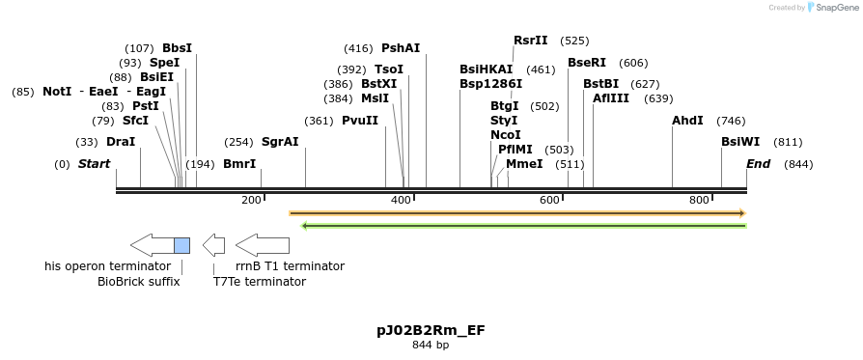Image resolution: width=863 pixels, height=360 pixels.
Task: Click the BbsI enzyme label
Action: click(x=177, y=48)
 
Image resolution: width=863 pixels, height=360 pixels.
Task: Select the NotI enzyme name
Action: click(x=57, y=92)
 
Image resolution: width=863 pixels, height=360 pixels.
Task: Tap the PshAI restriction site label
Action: click(x=401, y=48)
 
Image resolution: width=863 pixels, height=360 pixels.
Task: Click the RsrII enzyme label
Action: click(x=530, y=41)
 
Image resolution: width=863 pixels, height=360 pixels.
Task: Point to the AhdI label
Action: click(x=687, y=121)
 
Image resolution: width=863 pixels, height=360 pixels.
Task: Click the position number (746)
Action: click(x=731, y=121)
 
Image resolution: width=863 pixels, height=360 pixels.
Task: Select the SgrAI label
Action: click(x=280, y=142)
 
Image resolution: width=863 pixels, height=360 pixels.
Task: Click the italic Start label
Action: click(x=94, y=164)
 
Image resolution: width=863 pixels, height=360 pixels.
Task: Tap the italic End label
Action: click(x=758, y=164)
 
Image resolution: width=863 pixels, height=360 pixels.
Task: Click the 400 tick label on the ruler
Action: click(x=401, y=200)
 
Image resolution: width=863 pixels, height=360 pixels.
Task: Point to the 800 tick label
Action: click(x=699, y=200)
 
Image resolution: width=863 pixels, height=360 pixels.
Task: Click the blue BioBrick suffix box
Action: click(x=181, y=245)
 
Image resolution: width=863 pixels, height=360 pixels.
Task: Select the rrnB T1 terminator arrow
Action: click(x=263, y=245)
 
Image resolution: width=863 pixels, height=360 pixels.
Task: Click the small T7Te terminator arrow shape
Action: click(x=214, y=245)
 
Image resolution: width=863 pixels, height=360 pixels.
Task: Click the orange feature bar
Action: click(x=517, y=212)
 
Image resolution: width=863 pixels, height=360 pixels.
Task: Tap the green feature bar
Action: click(x=524, y=226)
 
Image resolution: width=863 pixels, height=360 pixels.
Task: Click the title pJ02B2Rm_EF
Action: click(x=431, y=330)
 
